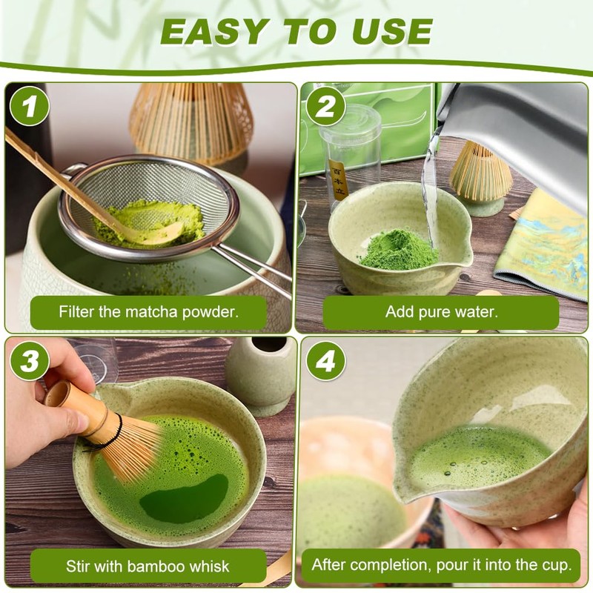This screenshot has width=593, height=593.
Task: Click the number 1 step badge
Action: pyautogui.click(x=30, y=106)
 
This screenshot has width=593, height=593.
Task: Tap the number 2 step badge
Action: pyautogui.click(x=325, y=106)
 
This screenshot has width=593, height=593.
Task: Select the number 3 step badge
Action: pyautogui.click(x=30, y=361)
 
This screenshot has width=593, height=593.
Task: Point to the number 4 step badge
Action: pyautogui.click(x=325, y=361)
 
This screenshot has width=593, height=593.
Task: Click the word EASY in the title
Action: pyautogui.click(x=213, y=31)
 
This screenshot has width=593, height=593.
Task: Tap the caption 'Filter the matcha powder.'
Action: pyautogui.click(x=149, y=312)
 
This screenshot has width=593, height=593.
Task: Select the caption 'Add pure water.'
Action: pyautogui.click(x=441, y=312)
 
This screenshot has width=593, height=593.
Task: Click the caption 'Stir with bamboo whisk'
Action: pyautogui.click(x=148, y=566)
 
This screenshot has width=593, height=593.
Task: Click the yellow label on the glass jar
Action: pyautogui.click(x=338, y=179)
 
